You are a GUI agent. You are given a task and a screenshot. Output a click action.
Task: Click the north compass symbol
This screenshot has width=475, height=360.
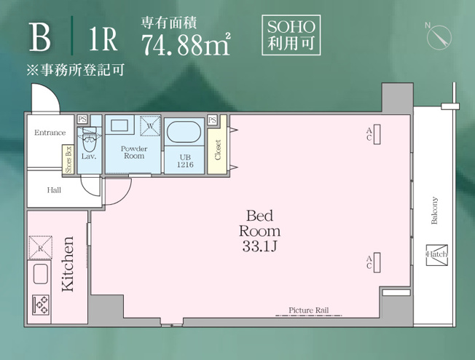[439, 37]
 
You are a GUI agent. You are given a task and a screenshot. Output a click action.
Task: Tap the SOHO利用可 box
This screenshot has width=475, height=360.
[291, 35]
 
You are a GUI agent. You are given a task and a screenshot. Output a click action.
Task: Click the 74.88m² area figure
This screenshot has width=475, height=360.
[186, 44]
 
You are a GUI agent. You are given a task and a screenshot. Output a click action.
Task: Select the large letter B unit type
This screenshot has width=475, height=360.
[39, 37]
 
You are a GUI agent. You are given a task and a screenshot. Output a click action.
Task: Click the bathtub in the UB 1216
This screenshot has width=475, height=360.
[184, 132]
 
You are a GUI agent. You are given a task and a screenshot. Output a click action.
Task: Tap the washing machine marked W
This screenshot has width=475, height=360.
[150, 125]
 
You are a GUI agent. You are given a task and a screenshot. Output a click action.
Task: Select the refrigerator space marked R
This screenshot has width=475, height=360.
[40, 248]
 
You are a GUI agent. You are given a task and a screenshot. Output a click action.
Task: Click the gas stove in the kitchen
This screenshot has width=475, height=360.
[41, 305]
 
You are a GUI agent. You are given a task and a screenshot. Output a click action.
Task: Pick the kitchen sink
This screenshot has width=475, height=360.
[40, 274]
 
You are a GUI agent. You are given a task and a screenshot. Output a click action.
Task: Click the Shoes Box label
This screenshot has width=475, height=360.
[68, 160]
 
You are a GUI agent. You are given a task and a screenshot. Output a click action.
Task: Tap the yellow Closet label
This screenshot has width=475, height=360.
[218, 149]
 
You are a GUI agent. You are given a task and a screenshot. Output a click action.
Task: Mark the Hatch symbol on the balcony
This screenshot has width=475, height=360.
[437, 255]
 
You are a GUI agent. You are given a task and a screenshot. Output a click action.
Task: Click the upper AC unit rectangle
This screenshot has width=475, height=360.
[377, 134]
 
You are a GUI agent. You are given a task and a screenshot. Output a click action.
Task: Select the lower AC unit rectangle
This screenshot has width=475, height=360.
[377, 262]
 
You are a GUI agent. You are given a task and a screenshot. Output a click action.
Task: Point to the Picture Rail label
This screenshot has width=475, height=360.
[308, 310]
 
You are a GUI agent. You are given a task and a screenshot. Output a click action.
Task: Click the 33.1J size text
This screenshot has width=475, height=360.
[259, 246]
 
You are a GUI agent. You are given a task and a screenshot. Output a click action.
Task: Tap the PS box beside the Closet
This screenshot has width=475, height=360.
[212, 120]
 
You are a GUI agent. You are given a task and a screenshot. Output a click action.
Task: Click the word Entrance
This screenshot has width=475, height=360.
[50, 133]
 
